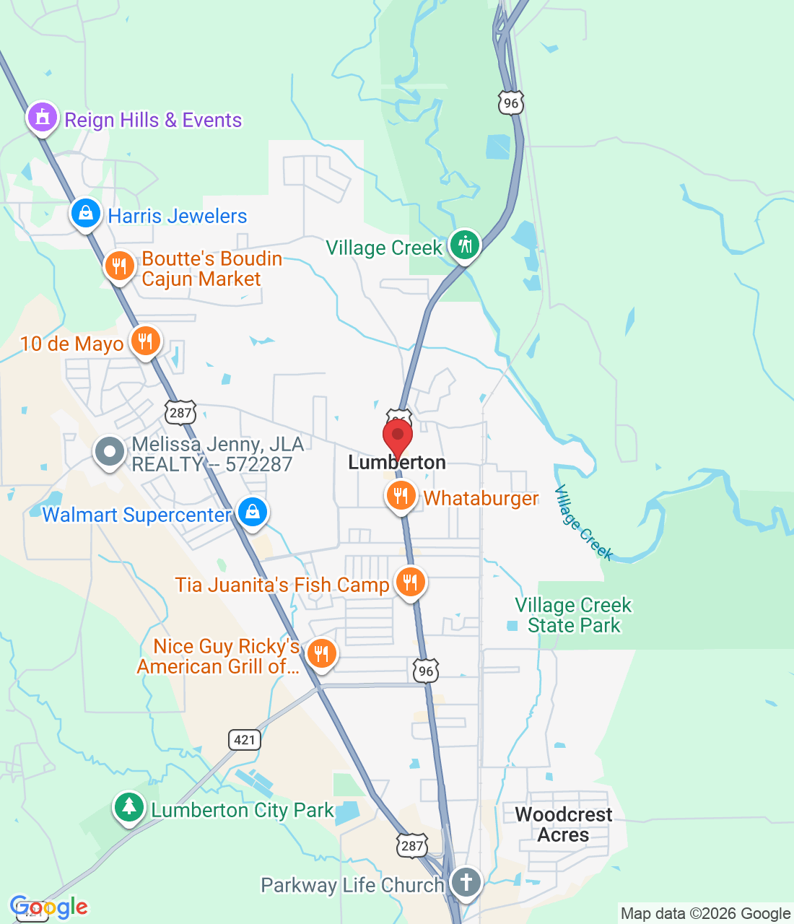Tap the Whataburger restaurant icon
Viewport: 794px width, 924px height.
pyautogui.click(x=401, y=496)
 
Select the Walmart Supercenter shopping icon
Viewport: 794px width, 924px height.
pyautogui.click(x=252, y=513)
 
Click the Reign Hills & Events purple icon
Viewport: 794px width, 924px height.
pyautogui.click(x=42, y=117)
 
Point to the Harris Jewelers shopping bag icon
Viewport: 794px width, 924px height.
pyautogui.click(x=86, y=214)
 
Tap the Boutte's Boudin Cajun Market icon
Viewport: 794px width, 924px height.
pyautogui.click(x=119, y=266)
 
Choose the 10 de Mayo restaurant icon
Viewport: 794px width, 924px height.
pyautogui.click(x=145, y=341)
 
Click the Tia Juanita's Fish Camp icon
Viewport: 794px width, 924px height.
pyautogui.click(x=410, y=582)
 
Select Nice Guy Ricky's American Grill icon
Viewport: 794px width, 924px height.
pyautogui.click(x=321, y=654)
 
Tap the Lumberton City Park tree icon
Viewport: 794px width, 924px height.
pyautogui.click(x=129, y=807)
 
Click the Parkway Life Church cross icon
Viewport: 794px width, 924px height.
pyautogui.click(x=466, y=881)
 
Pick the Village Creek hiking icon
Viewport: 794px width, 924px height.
pyautogui.click(x=464, y=245)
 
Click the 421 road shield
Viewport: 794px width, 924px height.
pyautogui.click(x=245, y=739)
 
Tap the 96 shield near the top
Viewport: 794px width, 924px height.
pyautogui.click(x=511, y=103)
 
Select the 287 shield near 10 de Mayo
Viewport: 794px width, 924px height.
pyautogui.click(x=180, y=413)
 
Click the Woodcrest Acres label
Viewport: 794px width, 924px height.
pyautogui.click(x=563, y=824)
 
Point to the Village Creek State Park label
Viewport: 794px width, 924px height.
pyautogui.click(x=573, y=615)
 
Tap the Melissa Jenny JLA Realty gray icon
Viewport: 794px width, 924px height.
pyautogui.click(x=110, y=452)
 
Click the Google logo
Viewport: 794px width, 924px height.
pyautogui.click(x=49, y=907)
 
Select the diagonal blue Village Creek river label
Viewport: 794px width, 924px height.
pyautogui.click(x=583, y=523)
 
